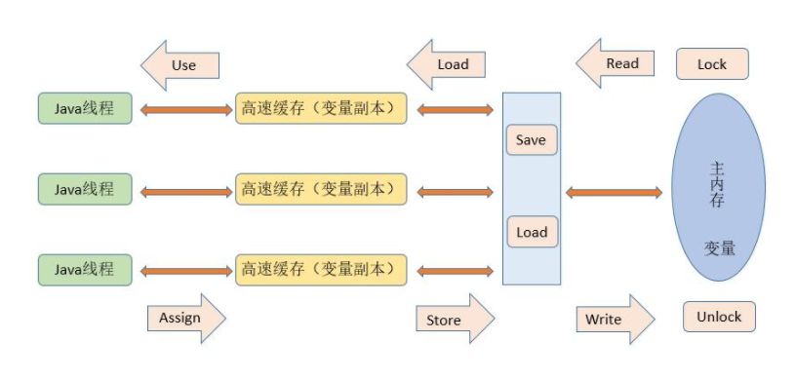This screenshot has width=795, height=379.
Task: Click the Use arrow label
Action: point(181,65)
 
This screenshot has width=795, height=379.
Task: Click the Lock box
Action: point(712,64)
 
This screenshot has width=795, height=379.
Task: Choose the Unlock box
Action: point(719,317)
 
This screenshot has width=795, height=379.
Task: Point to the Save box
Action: point(531,140)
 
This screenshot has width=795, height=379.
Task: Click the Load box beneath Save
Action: point(532,232)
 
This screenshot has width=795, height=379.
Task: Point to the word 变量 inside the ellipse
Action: point(720,247)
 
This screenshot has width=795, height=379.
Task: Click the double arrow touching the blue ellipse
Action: point(614,193)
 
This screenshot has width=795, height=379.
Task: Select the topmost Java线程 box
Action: point(84,108)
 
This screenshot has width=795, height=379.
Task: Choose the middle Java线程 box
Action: point(84,189)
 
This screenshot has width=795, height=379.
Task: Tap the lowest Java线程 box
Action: point(84,269)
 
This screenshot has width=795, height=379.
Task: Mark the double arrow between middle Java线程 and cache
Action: point(186,191)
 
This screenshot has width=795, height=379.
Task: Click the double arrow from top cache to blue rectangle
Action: point(455,110)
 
